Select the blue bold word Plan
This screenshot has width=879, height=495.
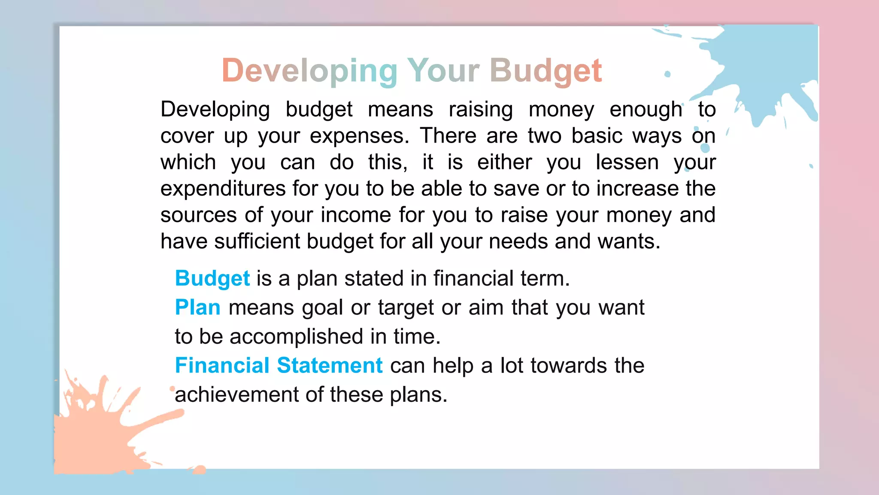point(197,308)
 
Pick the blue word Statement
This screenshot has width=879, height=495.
point(329,366)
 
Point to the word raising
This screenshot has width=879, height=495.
point(481,110)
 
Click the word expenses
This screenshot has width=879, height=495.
point(359,136)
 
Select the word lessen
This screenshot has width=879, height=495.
point(627,162)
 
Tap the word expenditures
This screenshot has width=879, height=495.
point(223,189)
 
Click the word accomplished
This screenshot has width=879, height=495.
point(296,336)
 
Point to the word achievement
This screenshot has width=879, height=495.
point(236,394)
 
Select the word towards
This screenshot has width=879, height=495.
point(568,366)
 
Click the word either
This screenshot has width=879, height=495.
point(504,162)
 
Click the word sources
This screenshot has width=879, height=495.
point(198,215)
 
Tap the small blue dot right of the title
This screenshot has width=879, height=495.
point(667,74)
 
